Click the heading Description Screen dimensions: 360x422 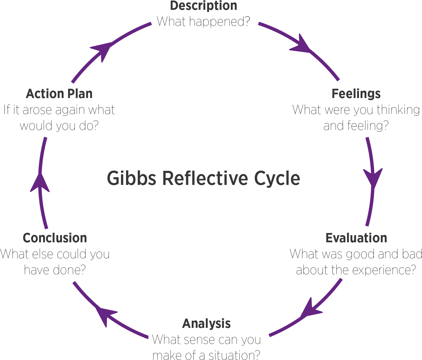click(203, 6)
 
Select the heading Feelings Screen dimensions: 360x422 click(356, 94)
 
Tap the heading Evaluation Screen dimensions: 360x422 click(356, 238)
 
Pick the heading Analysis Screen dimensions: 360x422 click(206, 324)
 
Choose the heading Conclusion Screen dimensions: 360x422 click(55, 238)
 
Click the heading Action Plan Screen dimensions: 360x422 click(59, 94)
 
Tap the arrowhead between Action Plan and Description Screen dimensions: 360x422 click(102, 49)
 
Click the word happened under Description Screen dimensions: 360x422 click(216, 22)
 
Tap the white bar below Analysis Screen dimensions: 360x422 click(207, 335)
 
